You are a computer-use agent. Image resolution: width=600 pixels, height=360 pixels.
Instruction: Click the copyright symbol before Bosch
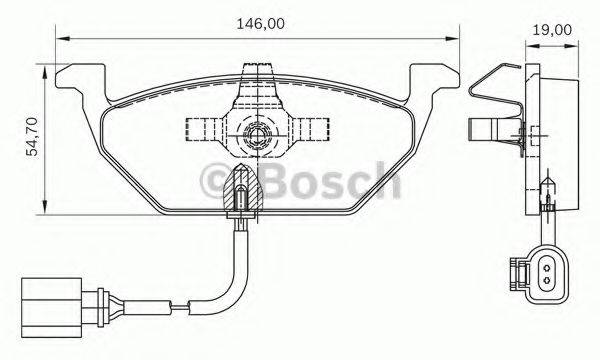coord(216,180)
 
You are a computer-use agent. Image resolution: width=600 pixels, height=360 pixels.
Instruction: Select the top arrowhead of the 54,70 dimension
coord(41,64)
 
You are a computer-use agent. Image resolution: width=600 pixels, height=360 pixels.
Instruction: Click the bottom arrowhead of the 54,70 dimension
coord(41,209)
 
